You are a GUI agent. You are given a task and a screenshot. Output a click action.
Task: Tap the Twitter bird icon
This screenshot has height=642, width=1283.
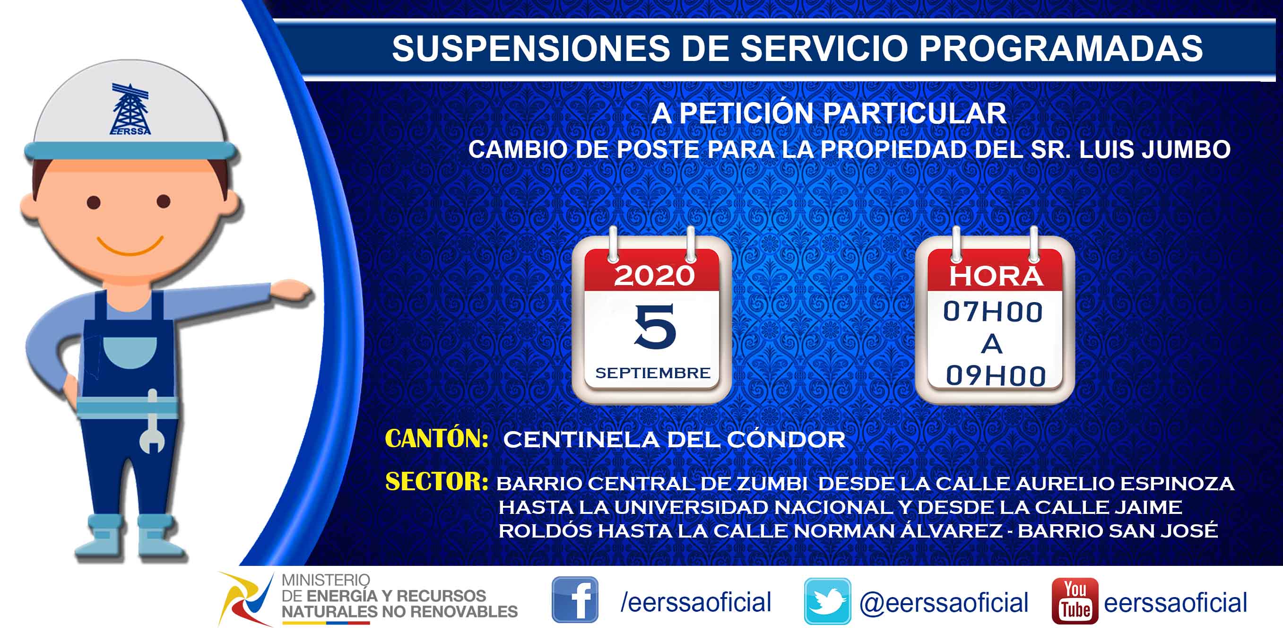827,601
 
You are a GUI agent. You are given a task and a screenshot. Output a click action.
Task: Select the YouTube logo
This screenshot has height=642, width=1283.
1075,601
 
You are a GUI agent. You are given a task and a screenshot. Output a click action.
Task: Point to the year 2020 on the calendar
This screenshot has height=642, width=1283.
654,276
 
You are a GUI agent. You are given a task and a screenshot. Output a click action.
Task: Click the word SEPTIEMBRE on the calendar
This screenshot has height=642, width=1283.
652,373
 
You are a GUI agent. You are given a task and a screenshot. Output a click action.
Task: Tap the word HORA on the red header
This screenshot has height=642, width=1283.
996,276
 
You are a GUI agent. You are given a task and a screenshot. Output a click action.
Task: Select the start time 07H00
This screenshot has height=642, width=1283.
993,312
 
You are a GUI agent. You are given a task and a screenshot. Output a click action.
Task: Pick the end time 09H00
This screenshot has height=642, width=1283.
996,375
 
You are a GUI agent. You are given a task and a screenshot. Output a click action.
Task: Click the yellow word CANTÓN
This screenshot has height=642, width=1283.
436,438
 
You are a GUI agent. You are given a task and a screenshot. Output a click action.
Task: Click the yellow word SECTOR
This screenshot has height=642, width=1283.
436,482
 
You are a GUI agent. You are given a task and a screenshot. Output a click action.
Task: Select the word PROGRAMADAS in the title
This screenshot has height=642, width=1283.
1061,48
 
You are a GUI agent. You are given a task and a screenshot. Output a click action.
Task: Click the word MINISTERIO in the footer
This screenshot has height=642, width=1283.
326,580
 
